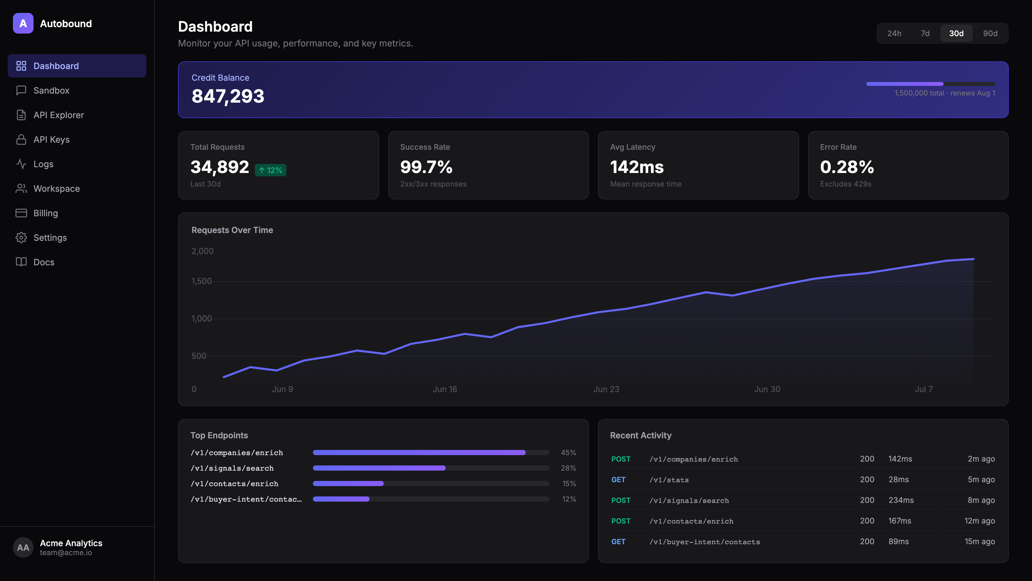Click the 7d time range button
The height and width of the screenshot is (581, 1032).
[x=925, y=33]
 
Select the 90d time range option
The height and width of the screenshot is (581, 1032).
[x=990, y=33]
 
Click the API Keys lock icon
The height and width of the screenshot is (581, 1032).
[x=21, y=139]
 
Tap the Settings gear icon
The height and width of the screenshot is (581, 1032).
[x=21, y=238]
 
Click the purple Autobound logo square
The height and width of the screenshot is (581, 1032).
[x=23, y=23]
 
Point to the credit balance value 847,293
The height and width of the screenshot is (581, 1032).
[x=228, y=96]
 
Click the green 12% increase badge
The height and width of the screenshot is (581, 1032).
[x=271, y=170]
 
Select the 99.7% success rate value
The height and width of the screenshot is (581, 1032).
[x=426, y=167]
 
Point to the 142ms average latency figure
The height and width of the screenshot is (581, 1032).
[x=637, y=167]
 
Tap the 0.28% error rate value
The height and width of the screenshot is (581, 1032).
[x=847, y=167]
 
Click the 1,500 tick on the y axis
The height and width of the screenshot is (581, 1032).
[x=202, y=281]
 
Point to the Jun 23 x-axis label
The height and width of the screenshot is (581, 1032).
[x=606, y=389]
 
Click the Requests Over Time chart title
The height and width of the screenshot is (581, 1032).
[x=232, y=230]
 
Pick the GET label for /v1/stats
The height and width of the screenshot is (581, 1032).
[x=618, y=480]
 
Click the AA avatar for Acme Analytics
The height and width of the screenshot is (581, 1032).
[x=23, y=547]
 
